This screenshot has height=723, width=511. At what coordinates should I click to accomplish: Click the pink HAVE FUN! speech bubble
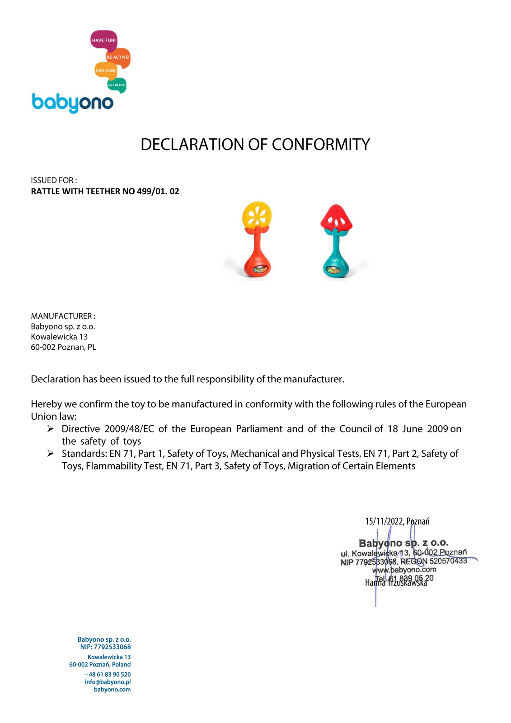[103, 40]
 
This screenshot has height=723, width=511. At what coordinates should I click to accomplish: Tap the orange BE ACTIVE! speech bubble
[118, 57]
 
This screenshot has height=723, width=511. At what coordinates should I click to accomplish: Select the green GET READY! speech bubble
[117, 85]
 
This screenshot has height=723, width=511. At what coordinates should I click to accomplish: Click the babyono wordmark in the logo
[72, 103]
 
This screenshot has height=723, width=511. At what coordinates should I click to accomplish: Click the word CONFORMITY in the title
[321, 145]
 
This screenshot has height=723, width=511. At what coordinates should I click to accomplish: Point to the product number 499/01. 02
[158, 191]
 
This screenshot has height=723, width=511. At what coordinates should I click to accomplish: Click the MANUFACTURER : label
[63, 316]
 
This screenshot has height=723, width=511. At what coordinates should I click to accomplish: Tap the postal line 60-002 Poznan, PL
[63, 347]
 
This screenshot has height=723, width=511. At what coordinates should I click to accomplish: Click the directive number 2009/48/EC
[129, 429]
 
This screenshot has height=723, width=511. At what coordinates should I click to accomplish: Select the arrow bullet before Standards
[51, 453]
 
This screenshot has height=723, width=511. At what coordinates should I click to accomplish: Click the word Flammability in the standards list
[113, 466]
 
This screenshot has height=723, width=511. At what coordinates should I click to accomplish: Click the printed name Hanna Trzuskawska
[396, 583]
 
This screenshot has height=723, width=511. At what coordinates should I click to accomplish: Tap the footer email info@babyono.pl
[108, 682]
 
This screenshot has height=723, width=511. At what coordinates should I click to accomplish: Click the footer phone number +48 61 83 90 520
[108, 674]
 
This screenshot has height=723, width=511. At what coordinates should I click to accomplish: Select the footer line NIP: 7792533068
[105, 647]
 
